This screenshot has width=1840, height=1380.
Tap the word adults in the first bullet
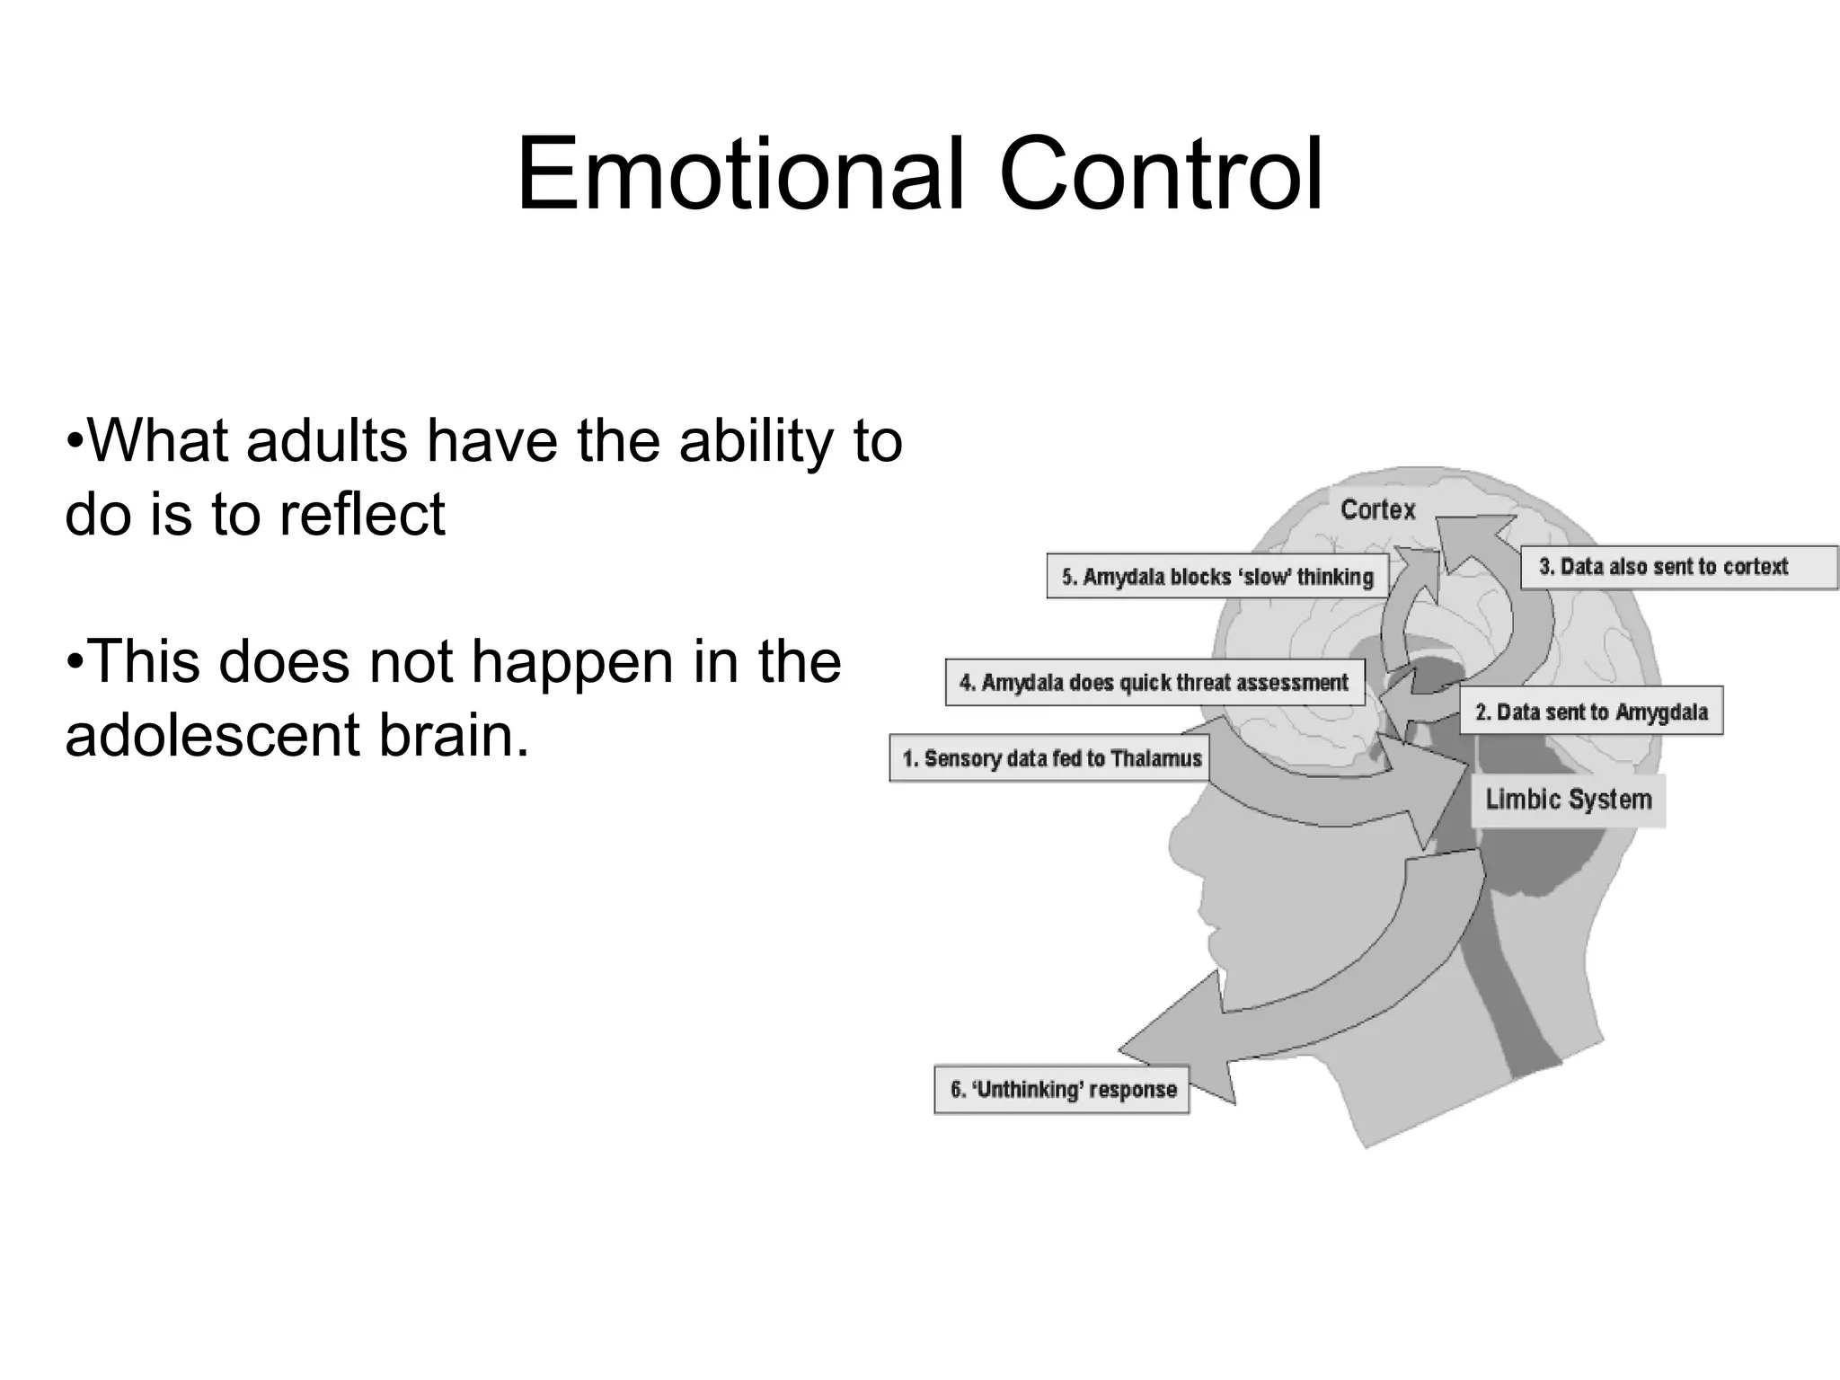(x=327, y=441)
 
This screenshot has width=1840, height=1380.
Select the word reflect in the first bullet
(x=361, y=515)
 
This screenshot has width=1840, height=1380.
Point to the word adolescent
(x=212, y=734)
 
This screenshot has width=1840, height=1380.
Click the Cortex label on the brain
(x=1377, y=510)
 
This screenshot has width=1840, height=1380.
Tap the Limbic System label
(x=1568, y=800)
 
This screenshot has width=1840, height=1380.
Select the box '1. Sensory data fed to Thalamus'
(x=1050, y=758)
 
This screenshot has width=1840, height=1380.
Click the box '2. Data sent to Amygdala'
(x=1590, y=712)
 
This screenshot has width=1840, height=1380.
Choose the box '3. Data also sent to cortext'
(x=1678, y=567)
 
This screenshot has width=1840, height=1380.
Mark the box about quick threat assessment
(x=1154, y=683)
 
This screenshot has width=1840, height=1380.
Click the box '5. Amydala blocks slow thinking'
(x=1216, y=577)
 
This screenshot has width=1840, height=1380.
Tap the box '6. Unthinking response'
(x=1062, y=1090)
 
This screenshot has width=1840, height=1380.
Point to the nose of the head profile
(x=1173, y=845)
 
